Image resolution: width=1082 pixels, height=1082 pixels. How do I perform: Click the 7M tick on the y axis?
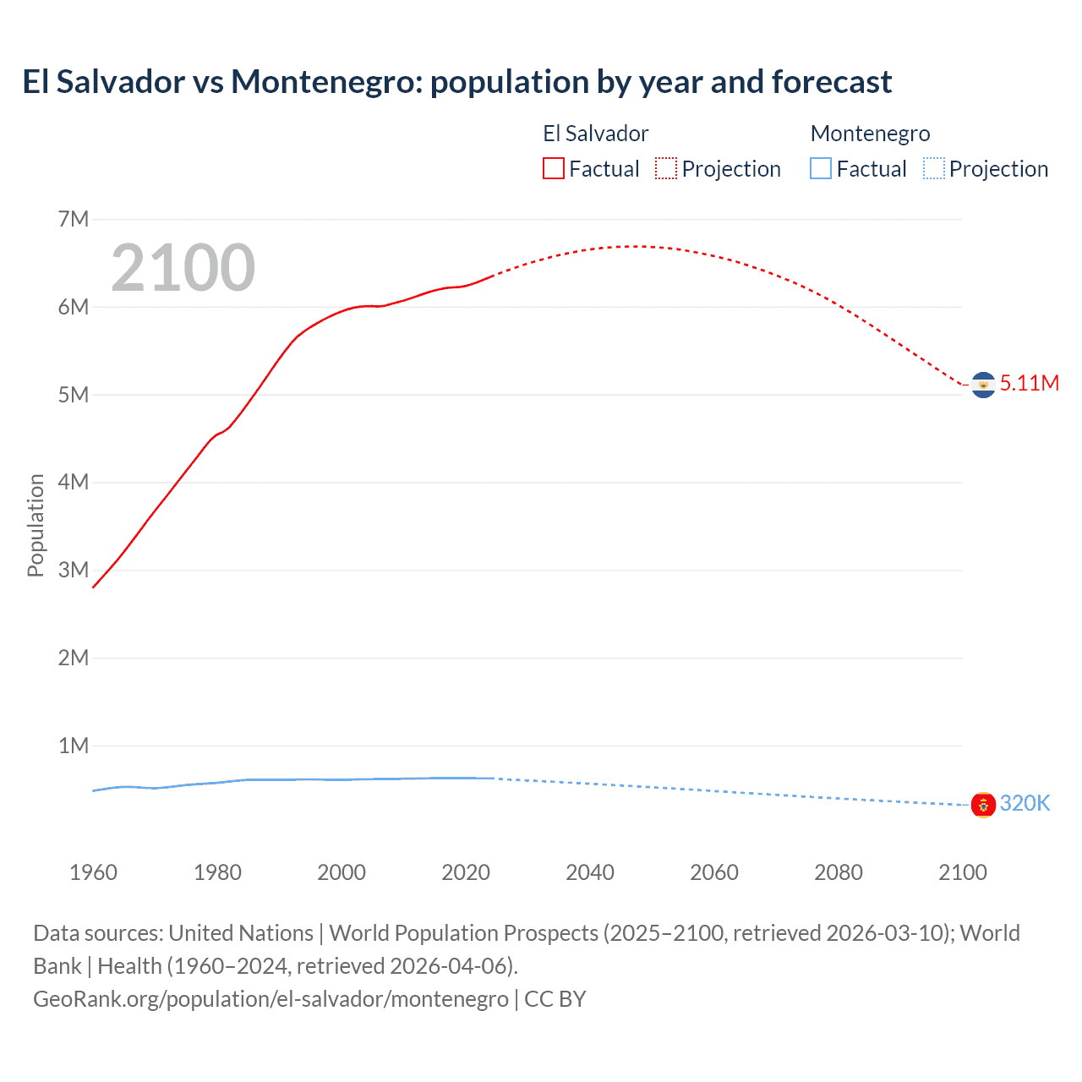pyautogui.click(x=74, y=220)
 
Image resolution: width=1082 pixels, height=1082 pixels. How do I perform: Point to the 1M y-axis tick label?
pyautogui.click(x=74, y=746)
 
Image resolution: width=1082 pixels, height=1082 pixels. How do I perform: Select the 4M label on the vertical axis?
pyautogui.click(x=74, y=483)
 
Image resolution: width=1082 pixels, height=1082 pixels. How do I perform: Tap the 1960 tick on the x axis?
pyautogui.click(x=93, y=872)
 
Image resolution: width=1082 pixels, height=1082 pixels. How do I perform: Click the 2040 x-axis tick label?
pyautogui.click(x=590, y=872)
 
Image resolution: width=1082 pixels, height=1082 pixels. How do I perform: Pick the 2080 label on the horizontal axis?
pyautogui.click(x=839, y=872)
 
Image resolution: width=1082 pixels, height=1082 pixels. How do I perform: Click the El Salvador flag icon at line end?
pyautogui.click(x=983, y=385)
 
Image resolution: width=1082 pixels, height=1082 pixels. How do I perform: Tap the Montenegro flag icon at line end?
pyautogui.click(x=983, y=805)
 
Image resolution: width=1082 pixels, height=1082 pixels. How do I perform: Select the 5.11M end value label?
pyautogui.click(x=1030, y=383)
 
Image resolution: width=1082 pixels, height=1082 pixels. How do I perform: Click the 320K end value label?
pyautogui.click(x=1025, y=803)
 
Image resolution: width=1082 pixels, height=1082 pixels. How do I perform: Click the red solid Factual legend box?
pyautogui.click(x=554, y=169)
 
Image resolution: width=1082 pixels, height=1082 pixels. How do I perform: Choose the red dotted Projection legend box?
pyautogui.click(x=666, y=169)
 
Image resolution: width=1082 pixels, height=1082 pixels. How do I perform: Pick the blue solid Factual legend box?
pyautogui.click(x=821, y=169)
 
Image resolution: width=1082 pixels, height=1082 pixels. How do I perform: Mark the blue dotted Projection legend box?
pyautogui.click(x=934, y=169)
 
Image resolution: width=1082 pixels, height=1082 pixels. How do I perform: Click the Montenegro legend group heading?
pyautogui.click(x=870, y=134)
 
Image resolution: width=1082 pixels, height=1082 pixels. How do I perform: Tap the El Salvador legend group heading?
pyautogui.click(x=595, y=134)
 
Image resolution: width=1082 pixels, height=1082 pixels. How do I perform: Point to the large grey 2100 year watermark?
pyautogui.click(x=183, y=268)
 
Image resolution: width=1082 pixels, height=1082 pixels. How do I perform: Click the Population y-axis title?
pyautogui.click(x=36, y=525)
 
